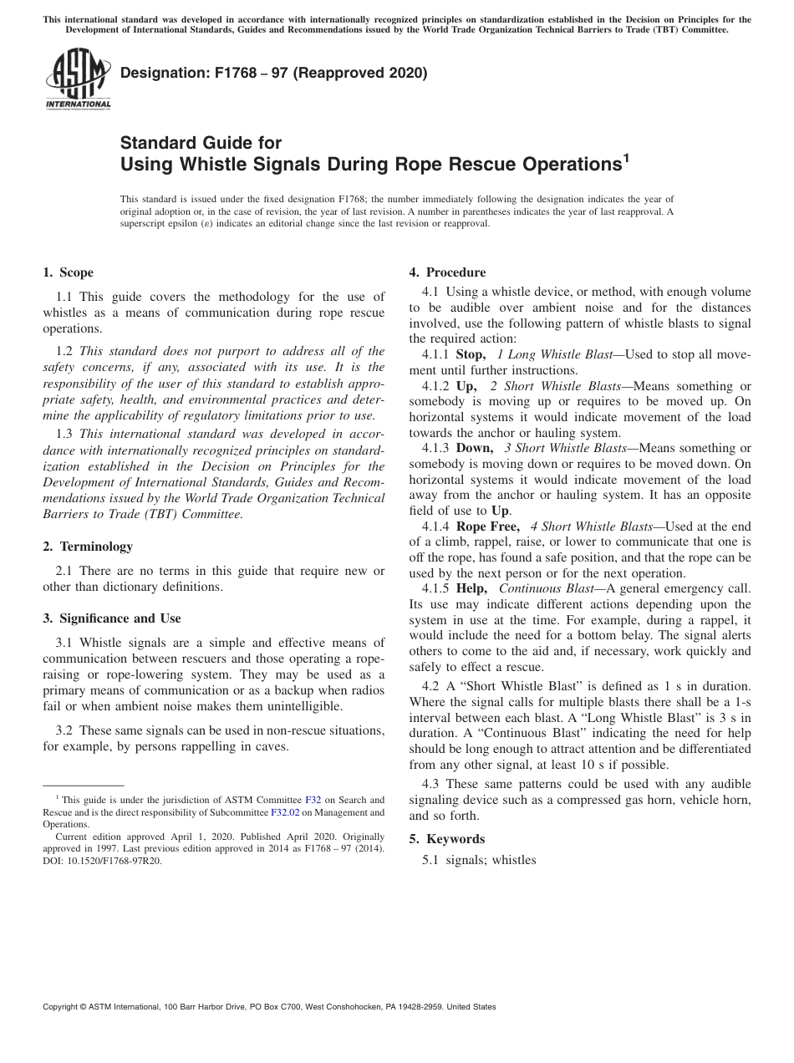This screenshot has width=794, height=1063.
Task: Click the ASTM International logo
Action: coord(78,79)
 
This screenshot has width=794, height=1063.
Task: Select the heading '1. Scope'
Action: coord(68,272)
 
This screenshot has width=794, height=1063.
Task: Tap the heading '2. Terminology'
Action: coord(88,547)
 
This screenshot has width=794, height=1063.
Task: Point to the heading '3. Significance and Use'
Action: coord(112,618)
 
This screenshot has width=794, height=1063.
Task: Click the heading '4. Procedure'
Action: coord(447,272)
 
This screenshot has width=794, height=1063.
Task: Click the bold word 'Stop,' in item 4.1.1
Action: coord(470,354)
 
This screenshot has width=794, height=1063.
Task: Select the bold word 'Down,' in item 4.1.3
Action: coord(474,449)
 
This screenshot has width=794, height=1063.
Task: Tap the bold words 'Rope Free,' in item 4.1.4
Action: coord(488,526)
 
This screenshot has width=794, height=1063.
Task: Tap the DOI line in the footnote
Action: coord(102,860)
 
